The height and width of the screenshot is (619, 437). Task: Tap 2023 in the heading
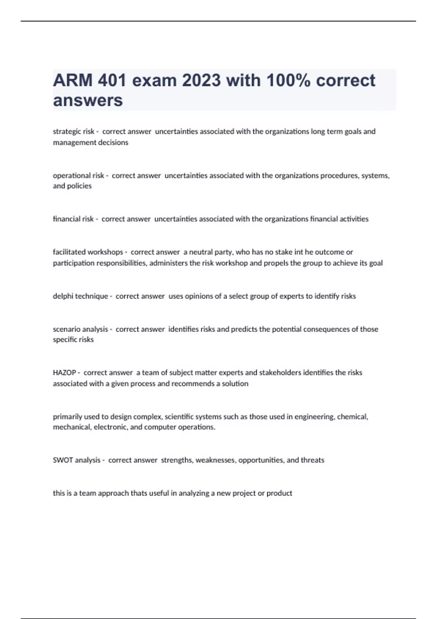[201, 80]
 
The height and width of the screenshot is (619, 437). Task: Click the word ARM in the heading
[73, 80]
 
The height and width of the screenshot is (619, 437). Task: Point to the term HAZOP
[64, 372]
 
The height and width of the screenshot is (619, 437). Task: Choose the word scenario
[67, 329]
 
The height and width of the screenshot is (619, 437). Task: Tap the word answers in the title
[88, 100]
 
